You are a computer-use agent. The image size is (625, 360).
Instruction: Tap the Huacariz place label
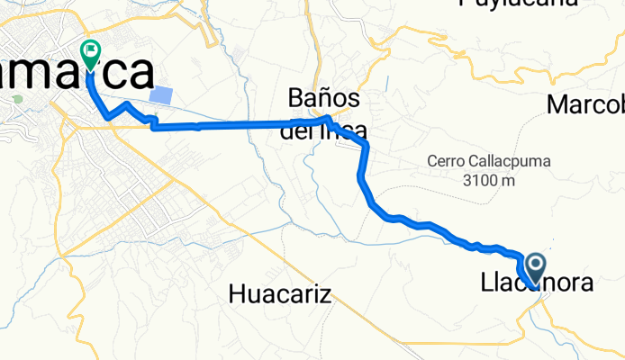tap(280, 292)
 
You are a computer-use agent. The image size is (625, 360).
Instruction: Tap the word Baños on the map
tap(324, 97)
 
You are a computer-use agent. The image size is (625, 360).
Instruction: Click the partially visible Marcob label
tap(585, 105)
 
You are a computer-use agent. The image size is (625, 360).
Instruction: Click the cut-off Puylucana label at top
tap(517, 4)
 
